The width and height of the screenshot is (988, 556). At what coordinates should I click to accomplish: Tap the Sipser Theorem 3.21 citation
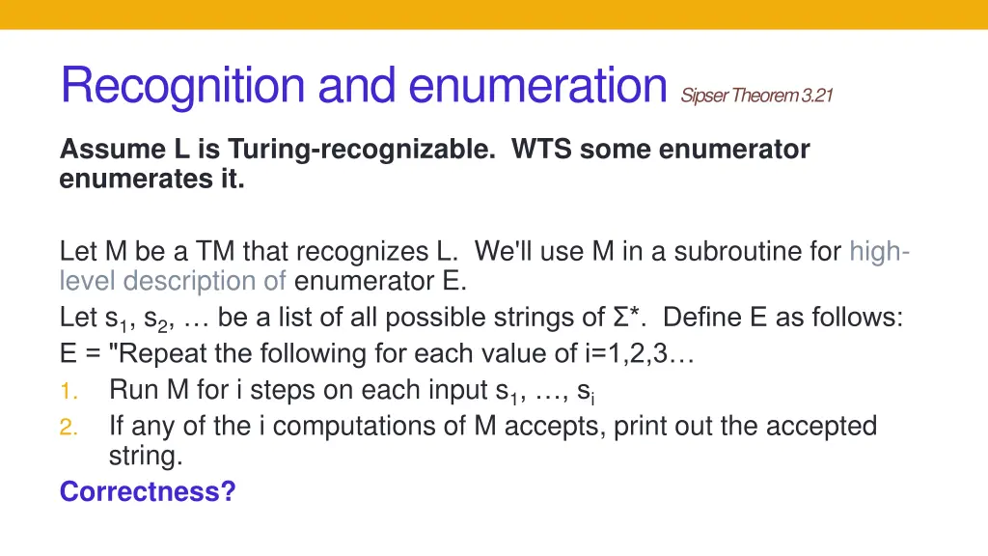756,95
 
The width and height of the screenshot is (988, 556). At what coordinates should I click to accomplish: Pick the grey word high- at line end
879,252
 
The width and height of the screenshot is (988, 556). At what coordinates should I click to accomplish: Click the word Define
707,318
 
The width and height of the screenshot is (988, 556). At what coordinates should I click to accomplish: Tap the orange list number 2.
68,426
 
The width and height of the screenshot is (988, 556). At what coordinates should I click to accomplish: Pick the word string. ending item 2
145,457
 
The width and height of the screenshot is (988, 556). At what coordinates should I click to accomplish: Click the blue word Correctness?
148,491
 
